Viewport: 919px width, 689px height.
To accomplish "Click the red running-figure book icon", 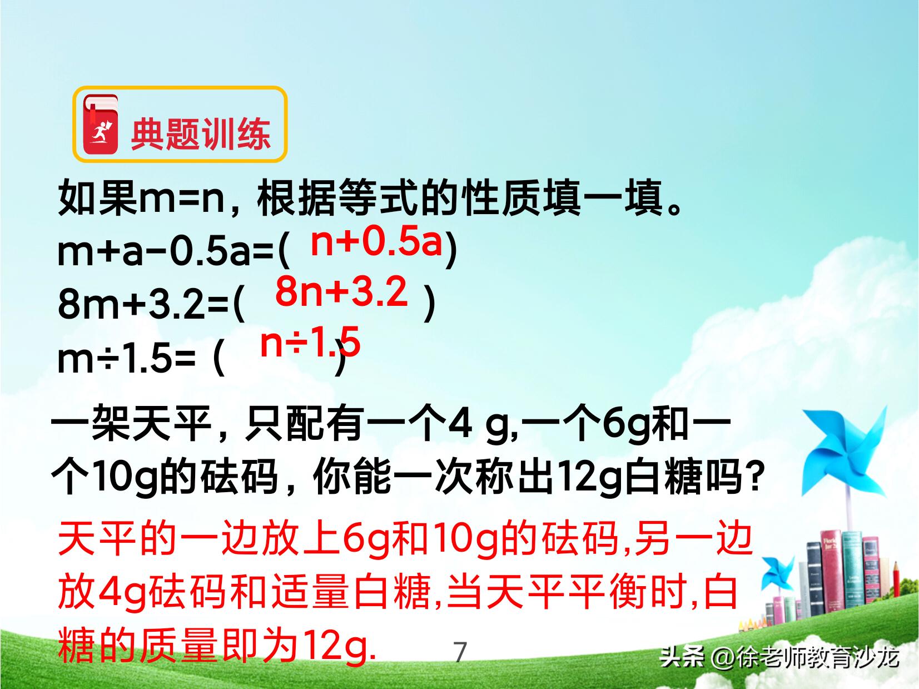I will click(101, 125).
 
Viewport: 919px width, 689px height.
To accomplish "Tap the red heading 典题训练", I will click(201, 134).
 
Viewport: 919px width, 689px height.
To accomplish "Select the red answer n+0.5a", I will click(376, 242).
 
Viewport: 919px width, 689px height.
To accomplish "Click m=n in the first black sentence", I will click(181, 199).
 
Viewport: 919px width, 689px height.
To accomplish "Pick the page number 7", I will click(460, 652).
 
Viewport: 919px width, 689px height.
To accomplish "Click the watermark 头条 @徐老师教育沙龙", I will click(779, 658).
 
